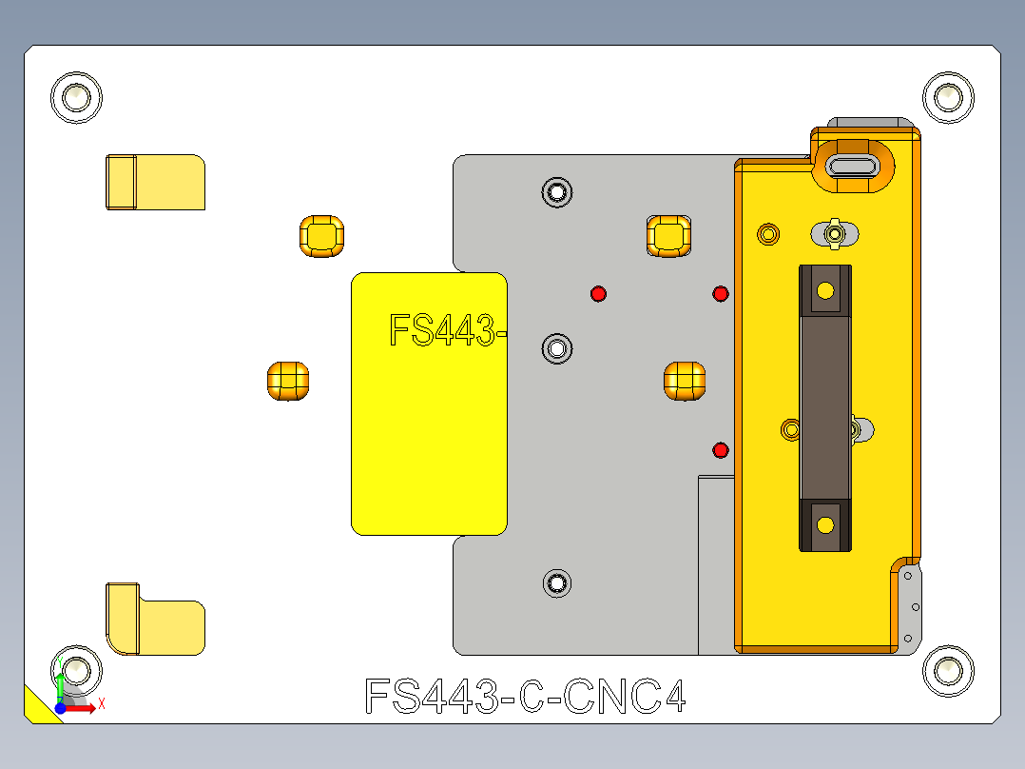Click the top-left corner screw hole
(x=76, y=96)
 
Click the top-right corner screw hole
(x=948, y=96)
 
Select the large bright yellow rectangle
(x=429, y=428)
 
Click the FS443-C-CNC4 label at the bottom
(x=525, y=698)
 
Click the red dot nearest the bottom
(x=720, y=449)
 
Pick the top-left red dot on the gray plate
(x=598, y=293)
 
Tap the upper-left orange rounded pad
(x=321, y=236)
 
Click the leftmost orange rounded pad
(x=287, y=381)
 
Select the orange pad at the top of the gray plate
(x=668, y=235)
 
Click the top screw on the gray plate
(x=556, y=192)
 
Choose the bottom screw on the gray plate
(x=556, y=582)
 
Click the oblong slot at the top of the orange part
(x=854, y=167)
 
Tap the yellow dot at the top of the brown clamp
(x=825, y=289)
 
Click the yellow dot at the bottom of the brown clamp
(x=825, y=524)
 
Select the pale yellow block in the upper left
(x=155, y=181)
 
